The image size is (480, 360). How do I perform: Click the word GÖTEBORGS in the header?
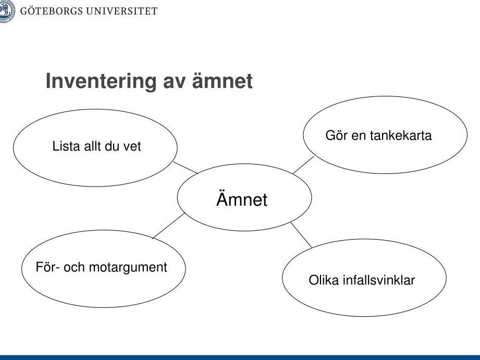(x=52, y=11)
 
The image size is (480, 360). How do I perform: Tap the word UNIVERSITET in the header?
(x=122, y=11)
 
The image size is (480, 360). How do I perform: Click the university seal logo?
(x=7, y=11)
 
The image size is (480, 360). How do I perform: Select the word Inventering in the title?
(x=101, y=82)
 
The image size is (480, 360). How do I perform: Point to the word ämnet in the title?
(x=222, y=81)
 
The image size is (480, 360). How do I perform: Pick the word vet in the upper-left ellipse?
(x=132, y=146)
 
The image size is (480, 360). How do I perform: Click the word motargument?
(x=128, y=268)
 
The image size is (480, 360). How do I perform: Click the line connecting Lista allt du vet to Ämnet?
(x=186, y=168)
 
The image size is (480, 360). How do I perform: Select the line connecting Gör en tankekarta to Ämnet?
(x=303, y=165)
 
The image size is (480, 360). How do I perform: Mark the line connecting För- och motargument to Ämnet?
(x=169, y=225)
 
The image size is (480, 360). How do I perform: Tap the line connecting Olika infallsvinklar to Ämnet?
(x=301, y=235)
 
